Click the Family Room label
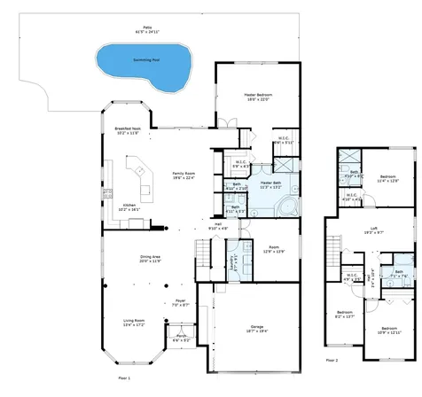pos(184,175)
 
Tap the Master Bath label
pos(270,184)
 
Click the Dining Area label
pos(149,260)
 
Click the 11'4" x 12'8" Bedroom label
pos(387,178)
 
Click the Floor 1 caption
pos(124,378)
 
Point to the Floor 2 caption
pos(332,361)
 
